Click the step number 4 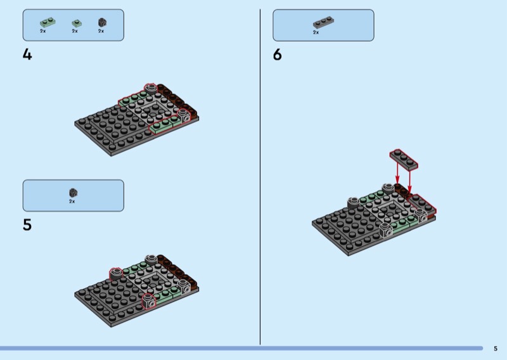(27, 55)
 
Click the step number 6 (277, 55)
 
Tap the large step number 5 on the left (27, 225)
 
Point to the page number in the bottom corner (495, 348)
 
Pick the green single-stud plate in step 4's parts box (75, 23)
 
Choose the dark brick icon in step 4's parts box (101, 22)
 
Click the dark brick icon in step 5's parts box (73, 192)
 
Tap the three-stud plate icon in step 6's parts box (323, 23)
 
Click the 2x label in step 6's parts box (316, 32)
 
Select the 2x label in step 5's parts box (72, 201)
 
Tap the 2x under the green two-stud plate (43, 31)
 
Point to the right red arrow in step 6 (411, 181)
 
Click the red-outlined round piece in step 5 (116, 273)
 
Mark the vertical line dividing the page (260, 177)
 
